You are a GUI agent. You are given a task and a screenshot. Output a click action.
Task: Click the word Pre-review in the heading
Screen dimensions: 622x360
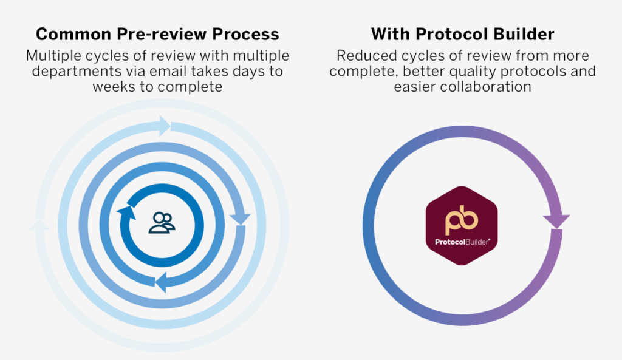coord(162,35)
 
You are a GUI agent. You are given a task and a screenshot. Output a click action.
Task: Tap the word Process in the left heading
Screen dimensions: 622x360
coord(245,34)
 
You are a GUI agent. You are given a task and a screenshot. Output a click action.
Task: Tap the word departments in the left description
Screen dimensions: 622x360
coord(77,72)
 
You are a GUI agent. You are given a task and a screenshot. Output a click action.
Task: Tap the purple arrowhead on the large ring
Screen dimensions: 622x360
coord(556,221)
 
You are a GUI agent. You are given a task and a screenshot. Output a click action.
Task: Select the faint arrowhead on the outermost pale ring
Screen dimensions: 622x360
coord(39,225)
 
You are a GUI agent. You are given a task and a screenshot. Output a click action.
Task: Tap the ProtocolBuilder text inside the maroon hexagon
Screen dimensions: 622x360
coord(462,242)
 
